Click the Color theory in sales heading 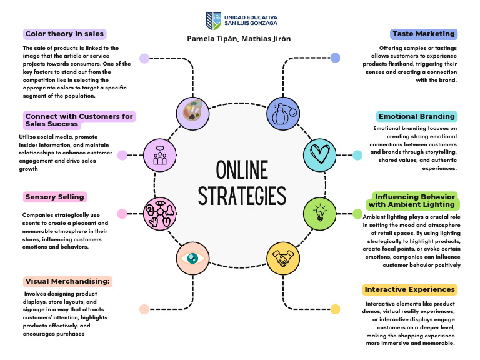point(64,34)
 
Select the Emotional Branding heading point(417,116)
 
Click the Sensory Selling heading point(55,197)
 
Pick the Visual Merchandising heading point(68,282)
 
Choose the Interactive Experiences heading point(409,290)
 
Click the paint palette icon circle point(192,113)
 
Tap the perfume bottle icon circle point(284,113)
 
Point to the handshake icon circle point(284,258)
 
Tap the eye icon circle point(192,257)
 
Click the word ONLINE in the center point(241,169)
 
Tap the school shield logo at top point(212,20)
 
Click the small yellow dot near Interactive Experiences point(336,309)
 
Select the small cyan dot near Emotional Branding point(357,155)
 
